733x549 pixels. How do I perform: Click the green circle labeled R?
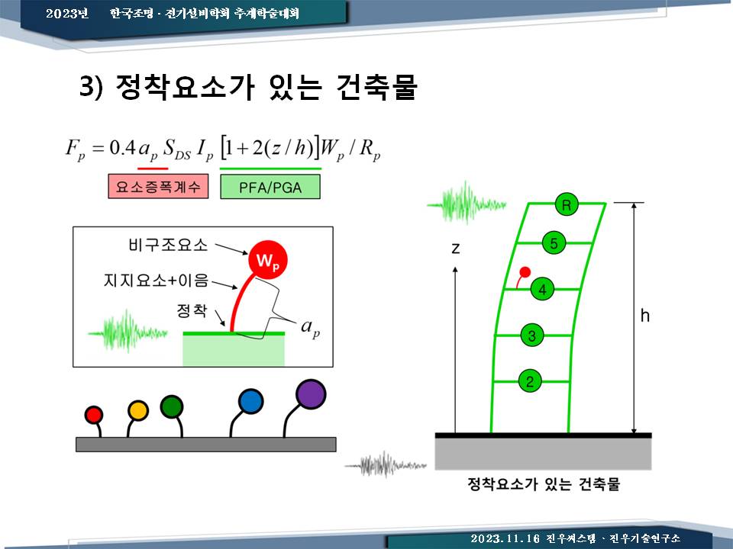click(x=567, y=204)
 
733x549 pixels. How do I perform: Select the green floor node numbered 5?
click(x=554, y=242)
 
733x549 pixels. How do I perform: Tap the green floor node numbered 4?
click(x=542, y=289)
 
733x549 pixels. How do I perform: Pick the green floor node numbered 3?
click(x=532, y=335)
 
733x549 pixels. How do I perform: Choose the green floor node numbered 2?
click(x=530, y=381)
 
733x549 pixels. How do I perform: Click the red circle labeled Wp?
click(x=267, y=260)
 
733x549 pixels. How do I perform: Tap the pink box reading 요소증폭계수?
click(x=158, y=186)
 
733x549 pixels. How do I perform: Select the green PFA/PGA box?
click(x=270, y=187)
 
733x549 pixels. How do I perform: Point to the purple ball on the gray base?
click(x=311, y=394)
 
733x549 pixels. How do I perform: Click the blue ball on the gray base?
click(x=251, y=402)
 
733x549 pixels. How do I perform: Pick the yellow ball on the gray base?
click(x=138, y=411)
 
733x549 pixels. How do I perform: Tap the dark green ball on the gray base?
click(x=172, y=406)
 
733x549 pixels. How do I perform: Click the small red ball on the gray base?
click(x=93, y=415)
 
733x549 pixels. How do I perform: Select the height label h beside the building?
click(x=645, y=316)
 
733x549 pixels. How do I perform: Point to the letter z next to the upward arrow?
click(x=455, y=248)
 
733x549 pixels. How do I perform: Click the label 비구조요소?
click(x=168, y=245)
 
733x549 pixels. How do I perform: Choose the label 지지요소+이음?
click(x=156, y=280)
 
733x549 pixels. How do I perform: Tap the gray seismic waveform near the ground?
click(x=386, y=464)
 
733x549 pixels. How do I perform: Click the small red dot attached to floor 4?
click(x=525, y=271)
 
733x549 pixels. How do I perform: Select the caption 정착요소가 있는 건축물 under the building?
click(x=544, y=483)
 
